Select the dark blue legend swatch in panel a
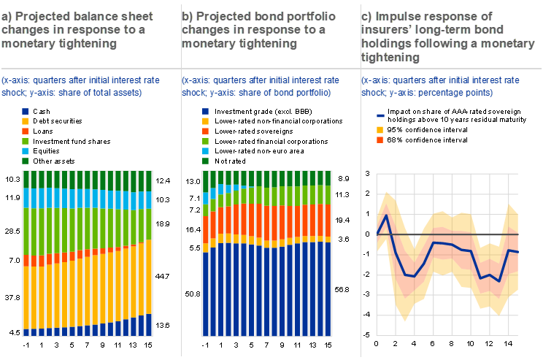point(25,111)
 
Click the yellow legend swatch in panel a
point(25,120)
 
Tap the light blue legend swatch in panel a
point(25,150)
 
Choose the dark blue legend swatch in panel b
point(205,111)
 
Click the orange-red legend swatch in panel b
point(205,131)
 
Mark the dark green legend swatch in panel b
point(205,160)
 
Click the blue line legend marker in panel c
point(380,115)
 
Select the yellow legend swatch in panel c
point(380,130)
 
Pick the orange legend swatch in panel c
point(380,139)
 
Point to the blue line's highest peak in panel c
point(386,216)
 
